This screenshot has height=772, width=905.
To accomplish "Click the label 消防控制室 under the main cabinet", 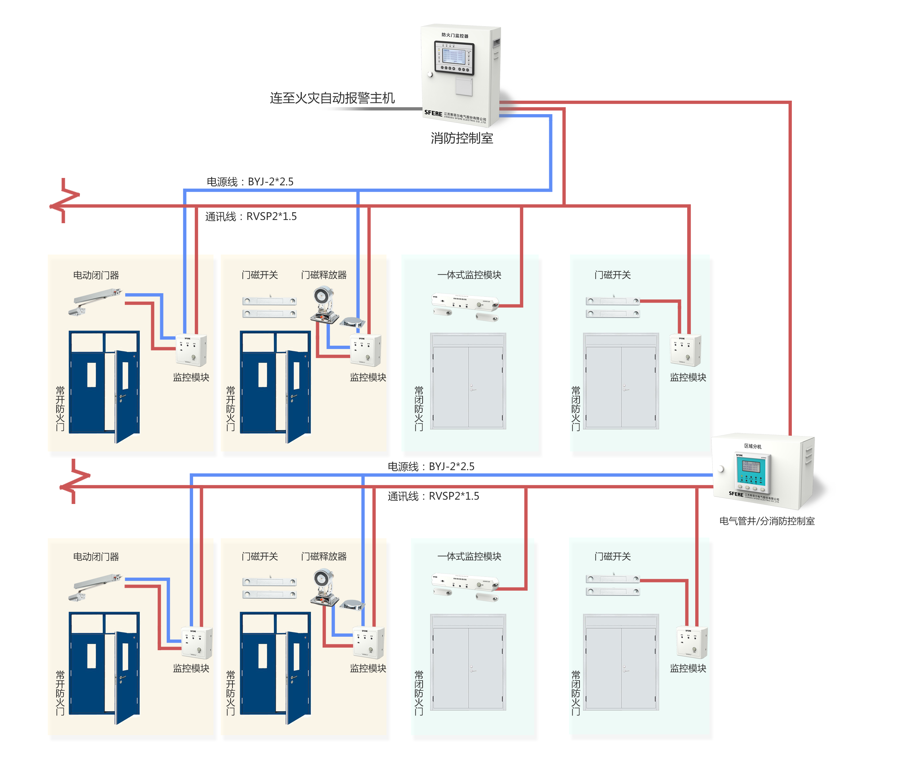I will [462, 138].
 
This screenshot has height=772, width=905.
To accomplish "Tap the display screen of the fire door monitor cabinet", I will [454, 57].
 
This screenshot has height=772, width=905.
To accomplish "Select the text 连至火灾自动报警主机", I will [332, 98].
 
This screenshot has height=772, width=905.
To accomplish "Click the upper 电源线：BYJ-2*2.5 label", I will [250, 182].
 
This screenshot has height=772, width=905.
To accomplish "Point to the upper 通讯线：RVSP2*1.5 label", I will [251, 217].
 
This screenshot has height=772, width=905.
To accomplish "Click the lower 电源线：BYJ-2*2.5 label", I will [431, 466].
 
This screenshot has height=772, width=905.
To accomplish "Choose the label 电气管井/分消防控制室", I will [767, 521].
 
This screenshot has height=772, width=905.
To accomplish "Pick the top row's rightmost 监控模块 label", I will [688, 377].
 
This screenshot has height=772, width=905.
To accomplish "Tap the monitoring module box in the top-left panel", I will [191, 350].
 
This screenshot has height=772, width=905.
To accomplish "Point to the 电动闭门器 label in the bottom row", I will [96, 557].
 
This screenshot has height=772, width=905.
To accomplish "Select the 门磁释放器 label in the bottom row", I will [324, 556].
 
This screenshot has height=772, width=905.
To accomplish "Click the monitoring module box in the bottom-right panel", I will [692, 643].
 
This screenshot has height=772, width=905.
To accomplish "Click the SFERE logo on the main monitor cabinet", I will [433, 113].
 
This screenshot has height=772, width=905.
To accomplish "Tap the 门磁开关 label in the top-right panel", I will [612, 275].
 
